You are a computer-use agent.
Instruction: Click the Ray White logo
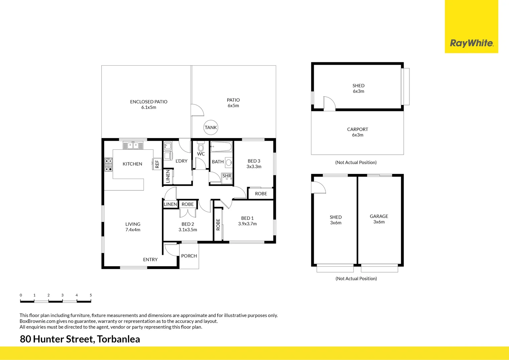(x=471, y=43)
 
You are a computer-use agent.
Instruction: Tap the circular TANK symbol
(x=211, y=127)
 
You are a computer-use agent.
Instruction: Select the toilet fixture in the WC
(x=201, y=146)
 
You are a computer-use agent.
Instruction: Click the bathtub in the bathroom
(x=221, y=147)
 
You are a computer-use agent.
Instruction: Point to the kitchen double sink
(x=133, y=145)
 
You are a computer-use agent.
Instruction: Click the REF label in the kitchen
(x=157, y=164)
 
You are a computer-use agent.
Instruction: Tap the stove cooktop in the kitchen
(x=109, y=165)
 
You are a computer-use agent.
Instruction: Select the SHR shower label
(x=227, y=176)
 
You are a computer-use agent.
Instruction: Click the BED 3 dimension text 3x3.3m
(x=254, y=167)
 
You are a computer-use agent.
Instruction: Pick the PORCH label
(x=189, y=256)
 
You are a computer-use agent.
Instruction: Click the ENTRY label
(x=150, y=260)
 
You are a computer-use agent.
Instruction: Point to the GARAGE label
(x=379, y=216)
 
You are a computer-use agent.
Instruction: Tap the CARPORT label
(x=357, y=129)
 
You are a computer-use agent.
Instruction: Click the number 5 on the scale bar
(x=91, y=295)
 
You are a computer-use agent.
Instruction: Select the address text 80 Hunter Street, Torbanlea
(x=80, y=339)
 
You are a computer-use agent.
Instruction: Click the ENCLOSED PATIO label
(x=149, y=102)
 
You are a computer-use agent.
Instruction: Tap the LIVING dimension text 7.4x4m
(x=133, y=230)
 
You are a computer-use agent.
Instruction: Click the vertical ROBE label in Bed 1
(x=218, y=224)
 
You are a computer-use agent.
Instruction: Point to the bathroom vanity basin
(x=229, y=163)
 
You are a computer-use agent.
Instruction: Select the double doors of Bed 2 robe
(x=188, y=213)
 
